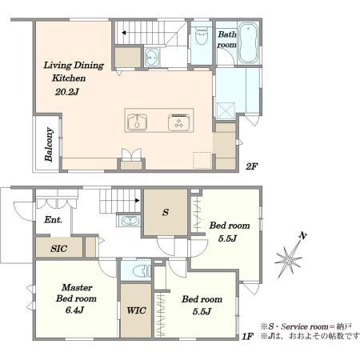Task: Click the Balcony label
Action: point(49,144)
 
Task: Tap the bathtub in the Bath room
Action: point(248,43)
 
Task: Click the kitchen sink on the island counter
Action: point(137,122)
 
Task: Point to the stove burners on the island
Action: point(178,122)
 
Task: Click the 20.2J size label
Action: point(67,92)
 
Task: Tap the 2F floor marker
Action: point(251,166)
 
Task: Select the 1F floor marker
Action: point(247,336)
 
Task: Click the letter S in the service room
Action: point(166,212)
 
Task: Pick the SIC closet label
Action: point(58,249)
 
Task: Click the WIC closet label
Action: point(136,310)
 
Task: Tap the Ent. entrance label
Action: point(53,220)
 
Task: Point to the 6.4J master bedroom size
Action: point(74,310)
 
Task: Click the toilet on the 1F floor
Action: point(142,270)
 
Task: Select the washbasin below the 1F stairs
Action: point(130,221)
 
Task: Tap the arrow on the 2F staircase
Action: point(124,33)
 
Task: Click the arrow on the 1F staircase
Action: point(138,200)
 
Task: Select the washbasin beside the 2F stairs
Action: point(152,57)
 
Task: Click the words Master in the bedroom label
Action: point(77,287)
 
